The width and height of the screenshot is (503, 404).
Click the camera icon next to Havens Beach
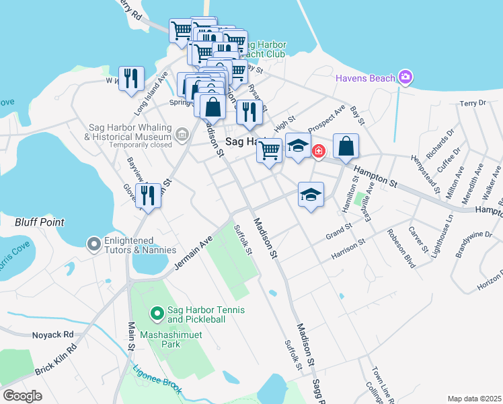(x=405, y=77)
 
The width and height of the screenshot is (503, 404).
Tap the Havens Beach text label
(x=366, y=79)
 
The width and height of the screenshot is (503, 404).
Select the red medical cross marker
(x=317, y=151)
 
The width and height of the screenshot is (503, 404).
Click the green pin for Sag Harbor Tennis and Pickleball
(x=157, y=313)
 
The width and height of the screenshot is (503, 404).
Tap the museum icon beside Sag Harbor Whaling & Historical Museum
(x=181, y=135)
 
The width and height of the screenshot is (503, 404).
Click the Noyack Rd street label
(x=52, y=334)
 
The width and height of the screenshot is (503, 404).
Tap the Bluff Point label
(x=40, y=222)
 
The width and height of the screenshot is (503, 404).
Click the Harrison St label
(x=347, y=250)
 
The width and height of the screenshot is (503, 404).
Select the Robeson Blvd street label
(x=401, y=248)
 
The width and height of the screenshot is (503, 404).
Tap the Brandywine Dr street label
(x=473, y=243)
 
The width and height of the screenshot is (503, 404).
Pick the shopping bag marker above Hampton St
(x=346, y=146)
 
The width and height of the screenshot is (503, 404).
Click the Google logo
(x=23, y=395)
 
